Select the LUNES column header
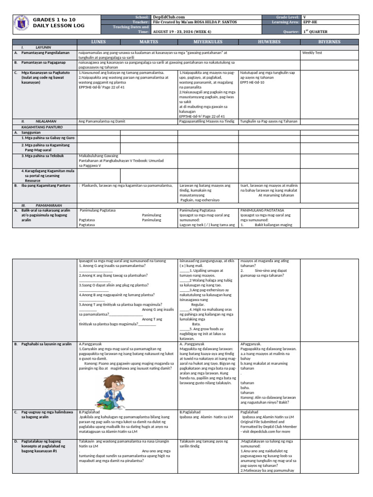99,42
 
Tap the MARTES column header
149,42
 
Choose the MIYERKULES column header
207,42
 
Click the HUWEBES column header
269,42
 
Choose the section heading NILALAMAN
46,121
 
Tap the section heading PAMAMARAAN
48,205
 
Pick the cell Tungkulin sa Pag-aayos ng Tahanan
268,121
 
